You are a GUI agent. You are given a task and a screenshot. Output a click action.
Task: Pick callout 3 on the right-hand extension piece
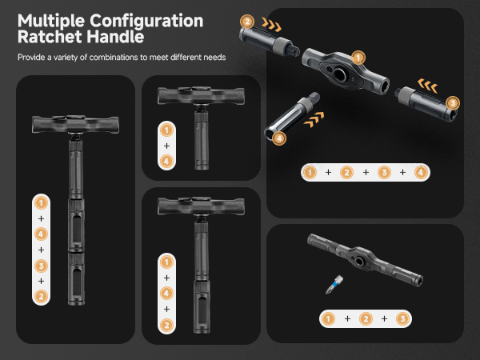tap(454, 102)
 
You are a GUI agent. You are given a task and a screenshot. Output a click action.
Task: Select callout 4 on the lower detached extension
tap(278, 138)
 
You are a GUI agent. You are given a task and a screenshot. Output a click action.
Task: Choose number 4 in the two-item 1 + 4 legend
tap(166, 162)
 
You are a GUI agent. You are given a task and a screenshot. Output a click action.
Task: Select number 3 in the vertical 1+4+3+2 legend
tap(41, 265)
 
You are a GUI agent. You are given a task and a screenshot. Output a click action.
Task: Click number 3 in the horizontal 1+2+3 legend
tap(402, 318)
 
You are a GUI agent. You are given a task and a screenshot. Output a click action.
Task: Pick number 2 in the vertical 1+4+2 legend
tap(166, 325)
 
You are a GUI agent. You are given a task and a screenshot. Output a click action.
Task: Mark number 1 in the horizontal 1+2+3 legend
tap(327, 318)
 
